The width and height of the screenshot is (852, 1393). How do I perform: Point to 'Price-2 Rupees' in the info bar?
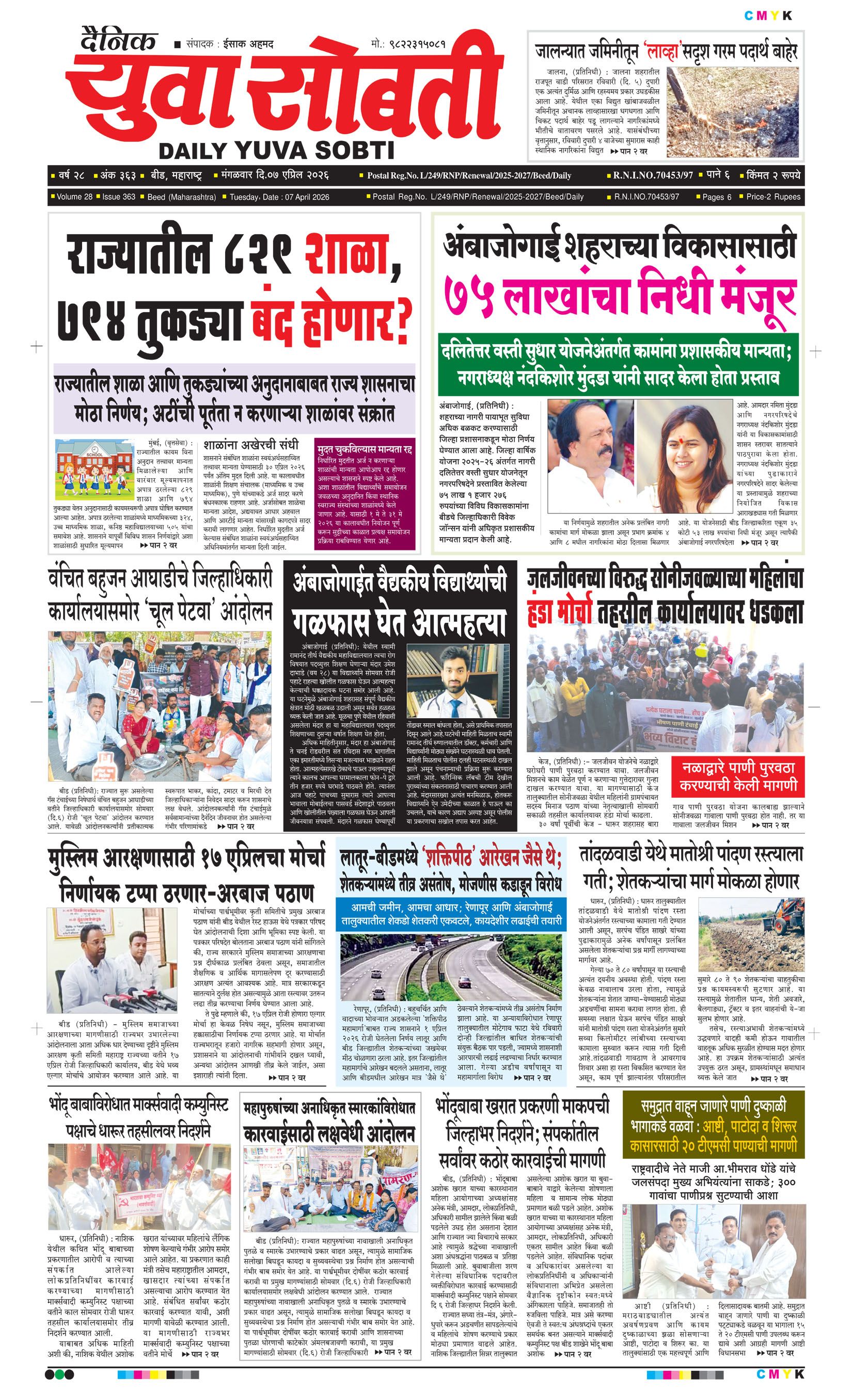[x=773, y=197]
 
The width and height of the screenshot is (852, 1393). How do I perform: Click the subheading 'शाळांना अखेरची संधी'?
[x=250, y=444]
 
